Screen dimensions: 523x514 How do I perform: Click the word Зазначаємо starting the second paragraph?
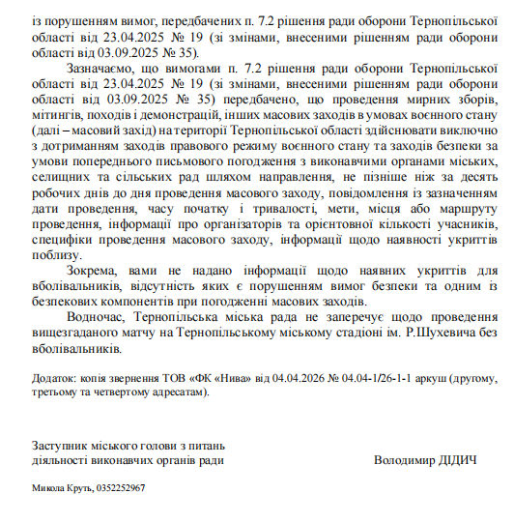pos(103,70)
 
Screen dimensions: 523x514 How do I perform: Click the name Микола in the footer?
pos(50,489)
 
